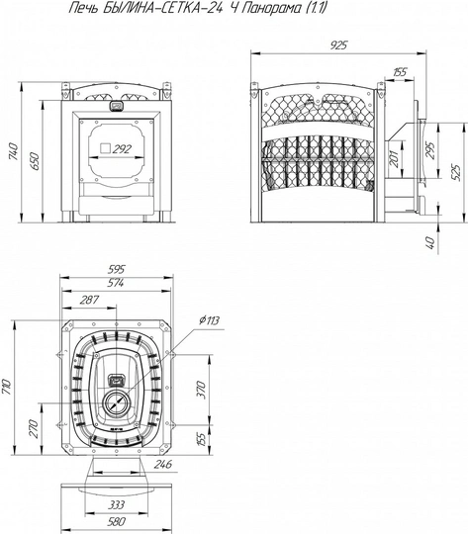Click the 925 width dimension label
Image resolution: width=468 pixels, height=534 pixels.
338,45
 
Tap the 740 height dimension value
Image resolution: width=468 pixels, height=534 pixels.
13,152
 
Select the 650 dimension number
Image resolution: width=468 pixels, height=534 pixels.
35,162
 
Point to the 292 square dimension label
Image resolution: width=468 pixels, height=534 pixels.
122,148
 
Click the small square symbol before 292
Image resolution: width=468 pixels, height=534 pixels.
105,148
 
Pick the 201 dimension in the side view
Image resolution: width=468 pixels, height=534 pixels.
394,158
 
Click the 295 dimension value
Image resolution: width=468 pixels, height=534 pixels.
430,150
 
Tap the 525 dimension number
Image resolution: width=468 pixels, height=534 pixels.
456,173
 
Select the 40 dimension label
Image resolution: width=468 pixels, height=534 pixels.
430,243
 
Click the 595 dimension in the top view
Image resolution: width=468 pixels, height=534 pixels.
117,269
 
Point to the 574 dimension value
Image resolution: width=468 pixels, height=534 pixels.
116,283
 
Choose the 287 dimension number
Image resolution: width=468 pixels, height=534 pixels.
89,300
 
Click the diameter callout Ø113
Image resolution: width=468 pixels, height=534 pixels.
210,320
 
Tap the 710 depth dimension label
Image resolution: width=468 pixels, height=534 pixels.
7,387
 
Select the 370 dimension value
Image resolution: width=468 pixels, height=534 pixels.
202,391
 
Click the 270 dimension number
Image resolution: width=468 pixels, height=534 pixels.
33,429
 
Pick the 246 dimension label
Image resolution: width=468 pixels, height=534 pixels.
163,464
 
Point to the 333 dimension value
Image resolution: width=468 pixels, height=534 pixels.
116,504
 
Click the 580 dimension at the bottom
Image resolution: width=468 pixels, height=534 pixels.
116,521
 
